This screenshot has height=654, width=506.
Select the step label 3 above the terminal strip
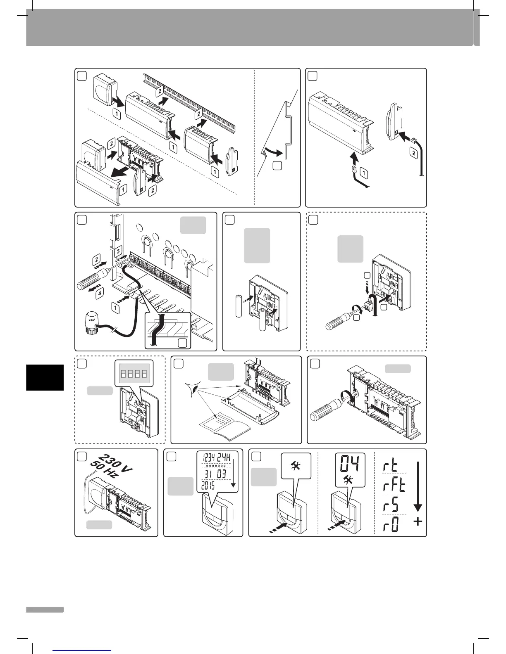coord(118,251)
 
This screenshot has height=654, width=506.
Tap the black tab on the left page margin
coord(45,377)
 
